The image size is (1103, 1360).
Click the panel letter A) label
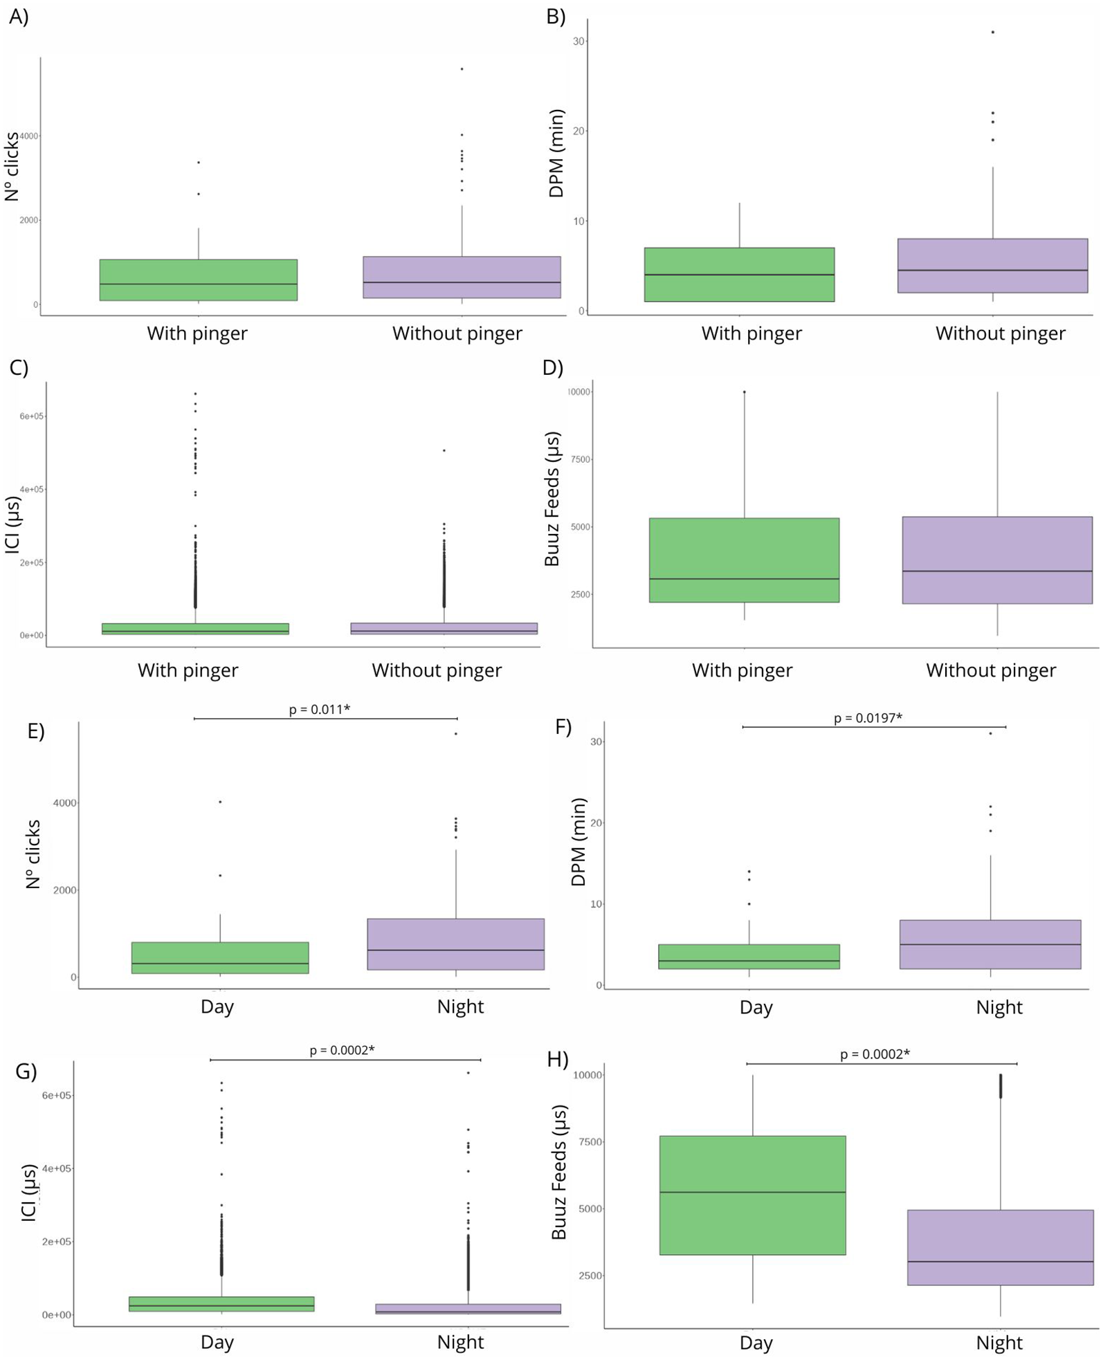19,17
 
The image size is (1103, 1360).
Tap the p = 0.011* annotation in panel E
319,709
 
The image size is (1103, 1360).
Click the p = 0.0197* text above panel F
868,718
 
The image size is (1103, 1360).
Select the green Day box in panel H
752,1195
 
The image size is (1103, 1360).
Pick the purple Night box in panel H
1000,1247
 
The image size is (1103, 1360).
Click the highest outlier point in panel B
993,32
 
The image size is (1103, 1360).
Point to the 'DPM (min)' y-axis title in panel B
556,154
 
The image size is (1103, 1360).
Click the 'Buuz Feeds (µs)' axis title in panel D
551,499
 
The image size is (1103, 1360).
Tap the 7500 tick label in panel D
579,459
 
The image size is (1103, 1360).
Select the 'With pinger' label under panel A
197,333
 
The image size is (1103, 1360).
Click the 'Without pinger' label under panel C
437,670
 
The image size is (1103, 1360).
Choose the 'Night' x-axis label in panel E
460,1007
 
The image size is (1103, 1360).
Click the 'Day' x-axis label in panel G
217,1342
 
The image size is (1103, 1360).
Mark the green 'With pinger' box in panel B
739,275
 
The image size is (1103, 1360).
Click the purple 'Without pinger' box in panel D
997,560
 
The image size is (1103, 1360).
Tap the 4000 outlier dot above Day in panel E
220,802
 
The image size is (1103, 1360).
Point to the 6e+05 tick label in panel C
32,416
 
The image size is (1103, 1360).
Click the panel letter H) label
558,1059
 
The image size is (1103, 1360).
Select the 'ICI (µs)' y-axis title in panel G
29,1193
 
